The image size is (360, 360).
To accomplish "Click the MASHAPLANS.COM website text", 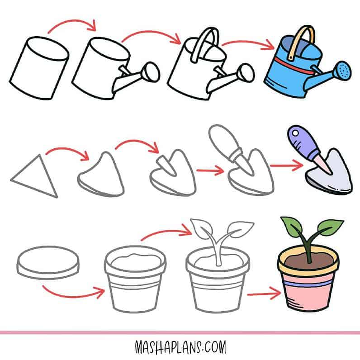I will tap(180, 347).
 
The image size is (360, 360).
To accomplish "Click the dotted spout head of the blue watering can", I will tap(343, 71).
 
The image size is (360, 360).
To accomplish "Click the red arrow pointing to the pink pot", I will tap(264, 294).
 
